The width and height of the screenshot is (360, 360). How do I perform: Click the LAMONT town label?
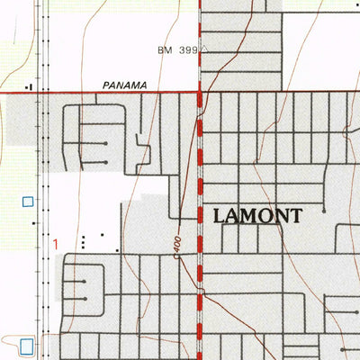pos(257,215)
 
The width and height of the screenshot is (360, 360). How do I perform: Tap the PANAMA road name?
pos(124,85)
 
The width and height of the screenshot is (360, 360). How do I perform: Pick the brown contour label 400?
pos(177,244)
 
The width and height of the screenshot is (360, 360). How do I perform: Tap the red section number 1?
pos(55,243)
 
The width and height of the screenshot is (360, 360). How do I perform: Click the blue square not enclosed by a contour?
pos(28,202)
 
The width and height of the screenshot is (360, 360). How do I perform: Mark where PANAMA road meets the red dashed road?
pos(199,92)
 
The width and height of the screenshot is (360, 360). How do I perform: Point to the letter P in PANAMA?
pos(106,85)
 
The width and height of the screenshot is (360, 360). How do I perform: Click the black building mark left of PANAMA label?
pos(30,86)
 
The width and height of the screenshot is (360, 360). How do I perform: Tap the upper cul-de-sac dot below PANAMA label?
pos(106,143)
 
